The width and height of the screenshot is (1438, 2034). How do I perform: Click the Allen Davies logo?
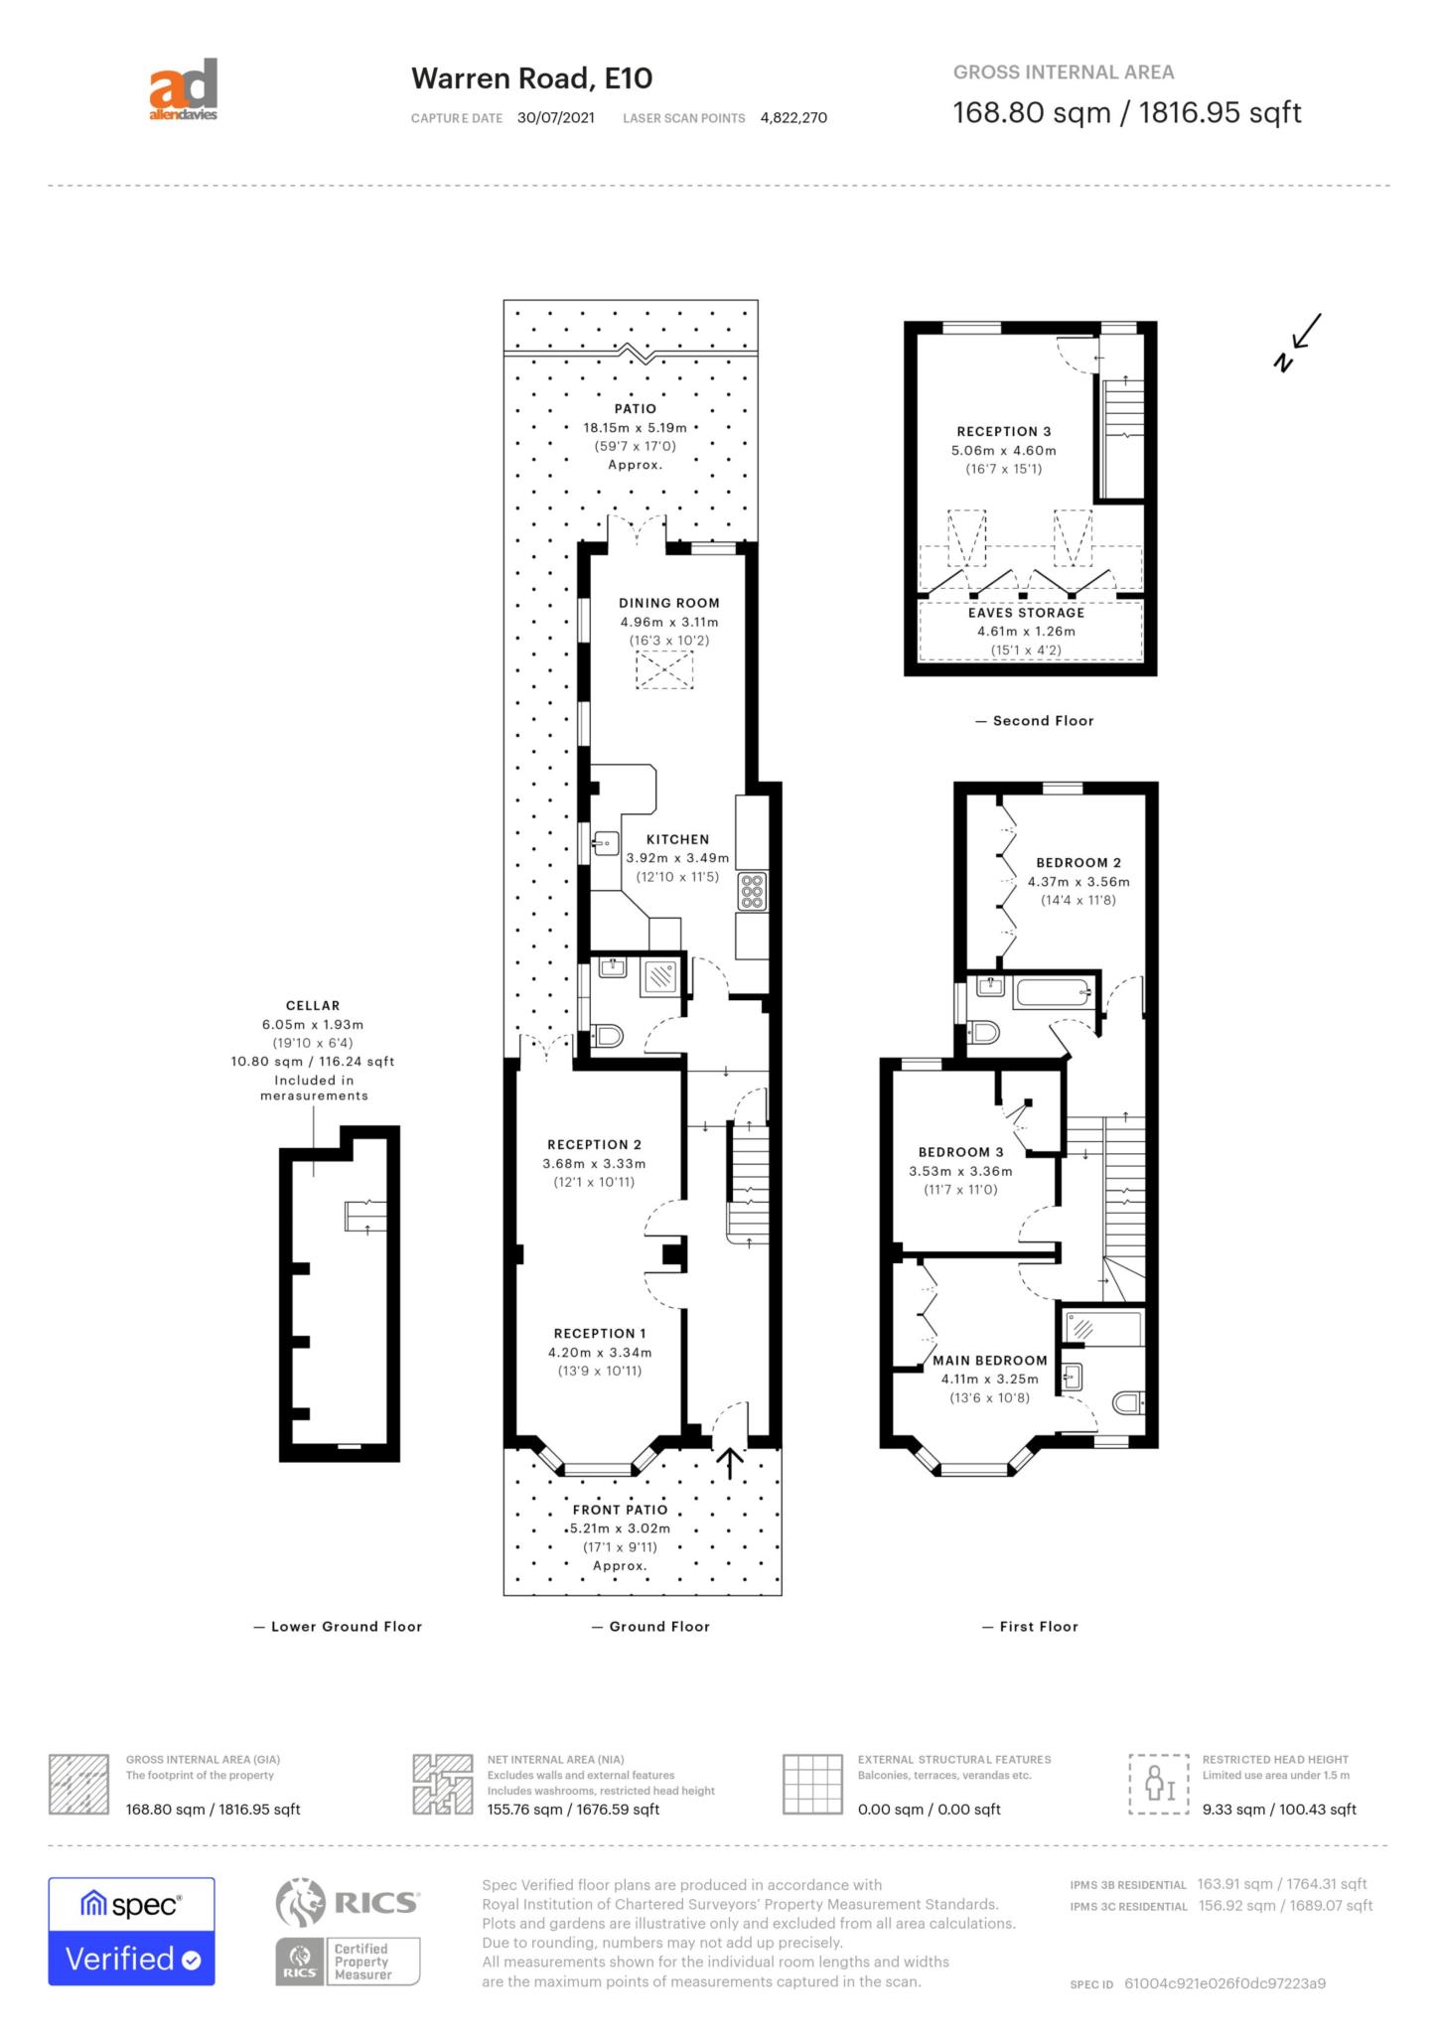coord(183,90)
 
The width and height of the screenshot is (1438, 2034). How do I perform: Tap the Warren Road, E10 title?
coord(531,78)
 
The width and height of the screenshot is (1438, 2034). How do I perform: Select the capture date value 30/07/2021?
coord(556,117)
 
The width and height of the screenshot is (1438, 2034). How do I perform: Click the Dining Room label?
coord(669,603)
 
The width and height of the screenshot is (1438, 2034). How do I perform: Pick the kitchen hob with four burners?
coord(752,891)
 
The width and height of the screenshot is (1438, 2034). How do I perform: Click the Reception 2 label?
coord(595,1144)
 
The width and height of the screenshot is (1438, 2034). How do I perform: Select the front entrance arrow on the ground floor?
coord(730,1463)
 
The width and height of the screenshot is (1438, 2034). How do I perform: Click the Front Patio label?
coord(620,1510)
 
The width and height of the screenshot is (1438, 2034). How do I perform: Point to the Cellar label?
coord(313,1005)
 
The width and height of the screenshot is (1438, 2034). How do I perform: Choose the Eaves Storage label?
coord(1027,613)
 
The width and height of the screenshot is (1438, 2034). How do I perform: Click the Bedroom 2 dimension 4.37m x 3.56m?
coord(1078,881)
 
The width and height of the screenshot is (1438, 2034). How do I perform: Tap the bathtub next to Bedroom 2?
coord(1054,993)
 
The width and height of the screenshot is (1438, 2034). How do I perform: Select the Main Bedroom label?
coord(990,1361)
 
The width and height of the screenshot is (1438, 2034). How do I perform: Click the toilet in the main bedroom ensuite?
coord(1128,1402)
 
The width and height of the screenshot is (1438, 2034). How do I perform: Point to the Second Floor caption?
coord(1043,721)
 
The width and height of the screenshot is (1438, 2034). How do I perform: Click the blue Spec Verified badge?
coord(131,1932)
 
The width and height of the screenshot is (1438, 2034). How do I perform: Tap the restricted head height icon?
coord(1159,1784)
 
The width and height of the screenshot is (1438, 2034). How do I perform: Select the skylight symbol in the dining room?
coord(663,670)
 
